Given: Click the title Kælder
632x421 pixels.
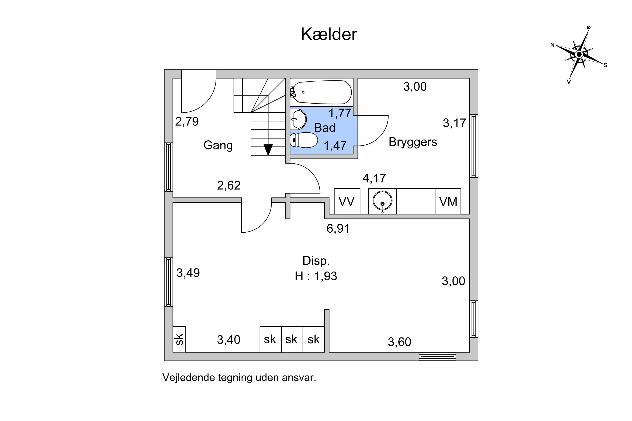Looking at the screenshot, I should [329, 34].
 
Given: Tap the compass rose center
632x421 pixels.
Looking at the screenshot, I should [579, 55].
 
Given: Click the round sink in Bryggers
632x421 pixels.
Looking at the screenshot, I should [382, 201].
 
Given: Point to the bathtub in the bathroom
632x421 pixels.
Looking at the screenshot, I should [322, 92].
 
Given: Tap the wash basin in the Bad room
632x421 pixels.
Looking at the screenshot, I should [299, 119].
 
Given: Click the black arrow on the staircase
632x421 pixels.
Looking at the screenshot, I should [268, 149].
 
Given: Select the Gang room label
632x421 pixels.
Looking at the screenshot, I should [218, 145].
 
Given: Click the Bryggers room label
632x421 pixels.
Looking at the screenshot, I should [413, 142].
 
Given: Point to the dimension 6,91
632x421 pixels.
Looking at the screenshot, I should [338, 228].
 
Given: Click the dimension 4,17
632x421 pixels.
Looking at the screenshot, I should [374, 178].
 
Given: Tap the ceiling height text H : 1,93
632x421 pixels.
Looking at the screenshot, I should [316, 276].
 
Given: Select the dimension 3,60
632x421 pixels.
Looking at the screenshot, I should [399, 342].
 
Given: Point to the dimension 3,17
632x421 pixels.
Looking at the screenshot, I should [454, 123].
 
